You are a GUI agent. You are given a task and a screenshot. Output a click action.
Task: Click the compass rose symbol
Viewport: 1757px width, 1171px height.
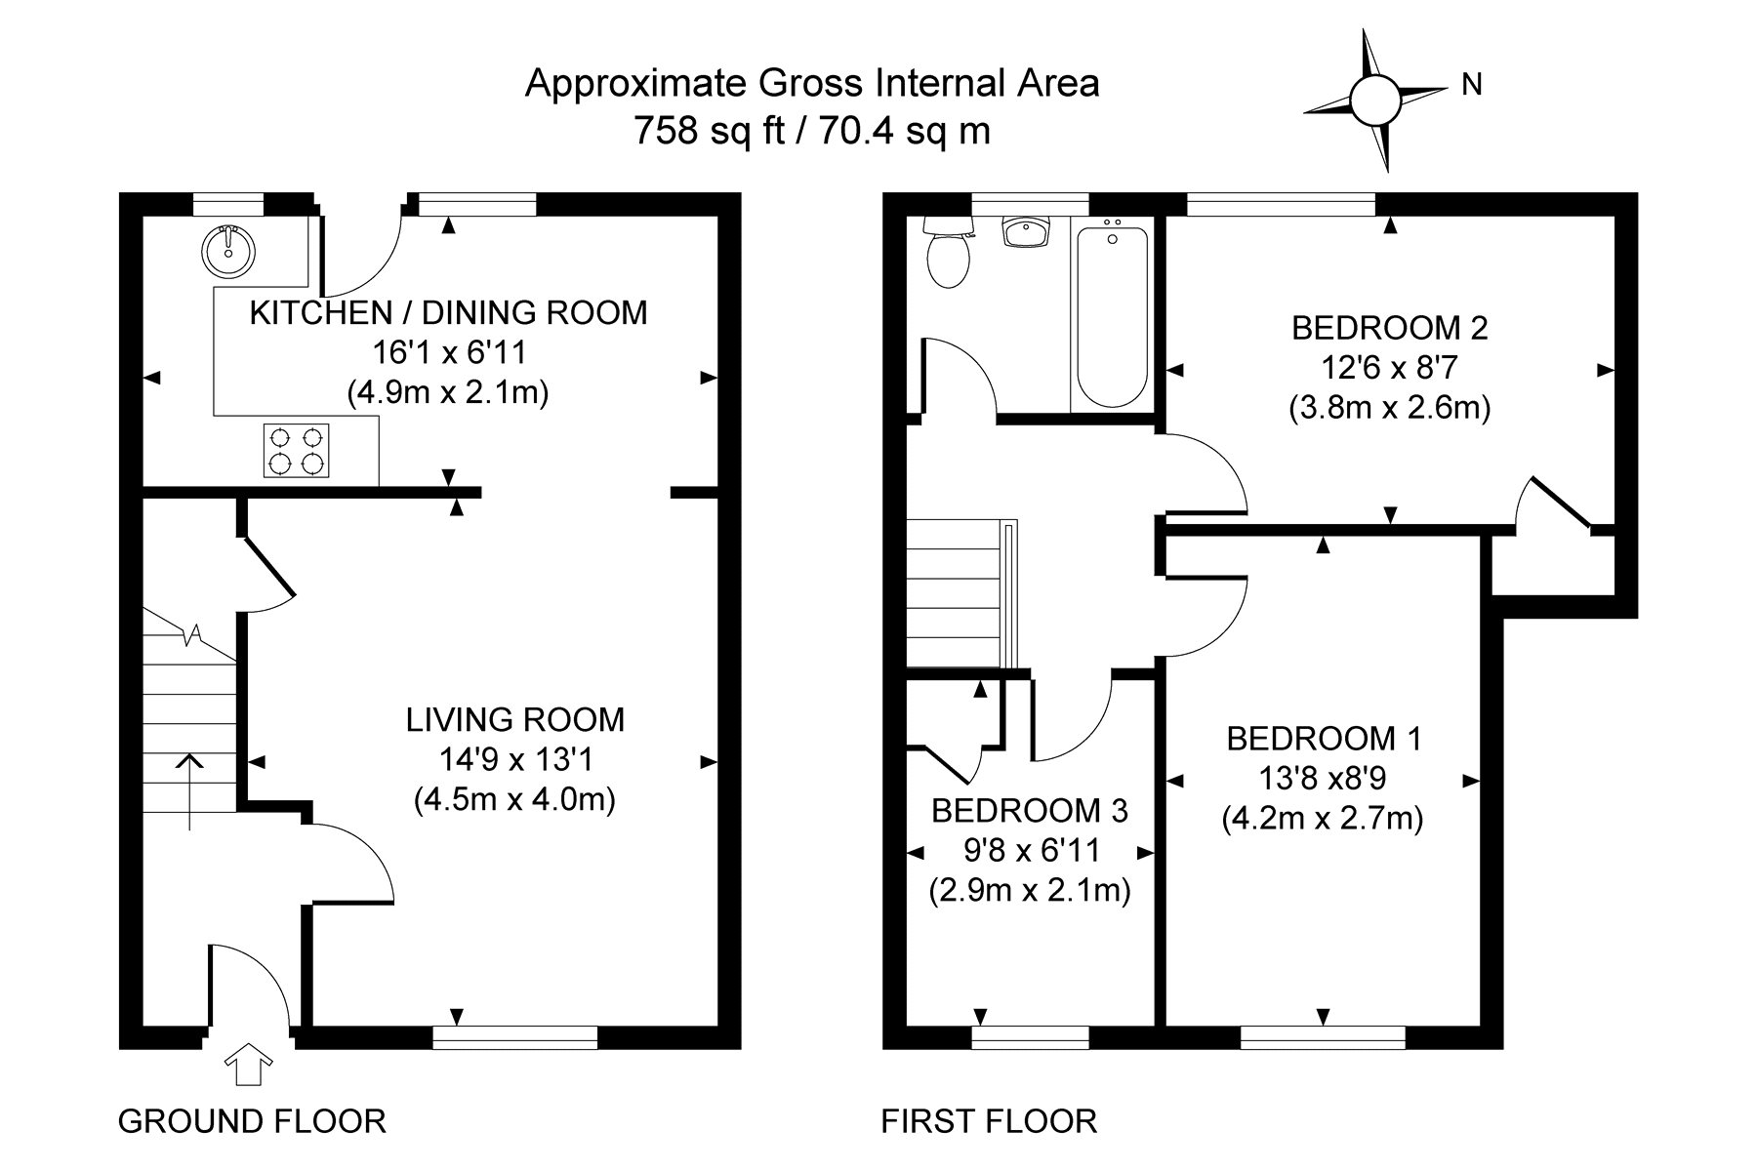pyautogui.click(x=1374, y=100)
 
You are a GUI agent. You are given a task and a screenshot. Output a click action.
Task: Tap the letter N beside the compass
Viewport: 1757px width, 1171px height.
pyautogui.click(x=1472, y=86)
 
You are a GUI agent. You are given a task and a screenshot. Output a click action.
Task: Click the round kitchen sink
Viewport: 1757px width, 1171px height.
pyautogui.click(x=229, y=251)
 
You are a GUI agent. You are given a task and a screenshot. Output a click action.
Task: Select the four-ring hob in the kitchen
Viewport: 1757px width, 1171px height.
pyautogui.click(x=296, y=450)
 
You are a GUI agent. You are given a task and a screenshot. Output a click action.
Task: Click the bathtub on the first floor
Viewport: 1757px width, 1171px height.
pyautogui.click(x=1111, y=314)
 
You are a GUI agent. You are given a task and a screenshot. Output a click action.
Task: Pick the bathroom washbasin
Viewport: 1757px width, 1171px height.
pyautogui.click(x=1027, y=232)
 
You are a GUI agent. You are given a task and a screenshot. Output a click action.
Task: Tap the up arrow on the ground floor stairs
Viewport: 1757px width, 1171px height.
pyautogui.click(x=189, y=791)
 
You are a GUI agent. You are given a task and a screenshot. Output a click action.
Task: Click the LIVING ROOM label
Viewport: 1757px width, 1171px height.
pyautogui.click(x=514, y=720)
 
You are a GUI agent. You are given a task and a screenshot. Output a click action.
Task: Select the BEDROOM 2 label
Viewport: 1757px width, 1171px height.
pyautogui.click(x=1390, y=328)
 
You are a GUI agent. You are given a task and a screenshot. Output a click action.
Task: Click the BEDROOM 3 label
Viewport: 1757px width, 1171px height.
pyautogui.click(x=1030, y=810)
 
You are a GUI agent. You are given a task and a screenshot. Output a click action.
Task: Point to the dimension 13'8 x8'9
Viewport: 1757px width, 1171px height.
pyautogui.click(x=1323, y=779)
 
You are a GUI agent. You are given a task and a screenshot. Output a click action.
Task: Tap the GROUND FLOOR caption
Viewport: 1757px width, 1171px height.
pyautogui.click(x=252, y=1121)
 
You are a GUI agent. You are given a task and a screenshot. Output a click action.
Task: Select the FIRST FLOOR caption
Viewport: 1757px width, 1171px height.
pyautogui.click(x=989, y=1121)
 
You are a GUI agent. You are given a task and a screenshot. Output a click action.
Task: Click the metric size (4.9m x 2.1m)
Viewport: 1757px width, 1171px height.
pyautogui.click(x=448, y=392)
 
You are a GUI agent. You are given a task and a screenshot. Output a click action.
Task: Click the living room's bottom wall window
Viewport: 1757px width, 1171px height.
pyautogui.click(x=515, y=1037)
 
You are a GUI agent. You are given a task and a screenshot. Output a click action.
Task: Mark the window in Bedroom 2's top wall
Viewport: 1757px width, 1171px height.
pyautogui.click(x=1281, y=204)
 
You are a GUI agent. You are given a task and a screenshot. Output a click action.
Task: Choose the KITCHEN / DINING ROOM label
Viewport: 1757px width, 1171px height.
pyautogui.click(x=448, y=313)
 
